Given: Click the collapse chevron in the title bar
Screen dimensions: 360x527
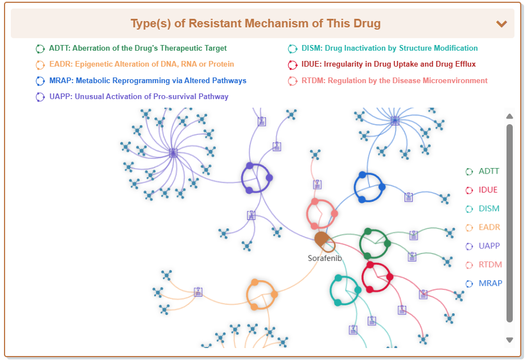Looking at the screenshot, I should (x=501, y=24).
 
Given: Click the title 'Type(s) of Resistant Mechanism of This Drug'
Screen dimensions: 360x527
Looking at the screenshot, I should (x=256, y=23).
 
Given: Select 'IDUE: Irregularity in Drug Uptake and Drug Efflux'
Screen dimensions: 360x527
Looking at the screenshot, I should (x=389, y=64).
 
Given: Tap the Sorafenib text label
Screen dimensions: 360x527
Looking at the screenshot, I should (x=325, y=258).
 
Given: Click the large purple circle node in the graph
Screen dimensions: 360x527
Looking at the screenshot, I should (x=257, y=178).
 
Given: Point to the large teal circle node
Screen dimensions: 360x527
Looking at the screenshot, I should (x=345, y=291).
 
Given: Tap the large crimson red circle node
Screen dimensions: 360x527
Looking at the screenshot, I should (x=377, y=277).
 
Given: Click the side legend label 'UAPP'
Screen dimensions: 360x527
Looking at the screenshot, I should (x=489, y=247).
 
